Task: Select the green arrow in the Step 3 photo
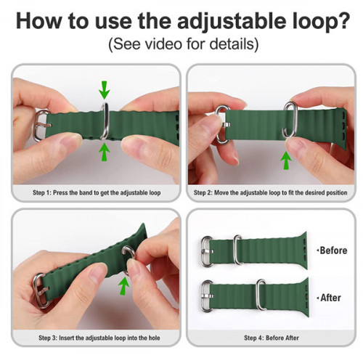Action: coord(124,285)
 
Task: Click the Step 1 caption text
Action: coord(96,193)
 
